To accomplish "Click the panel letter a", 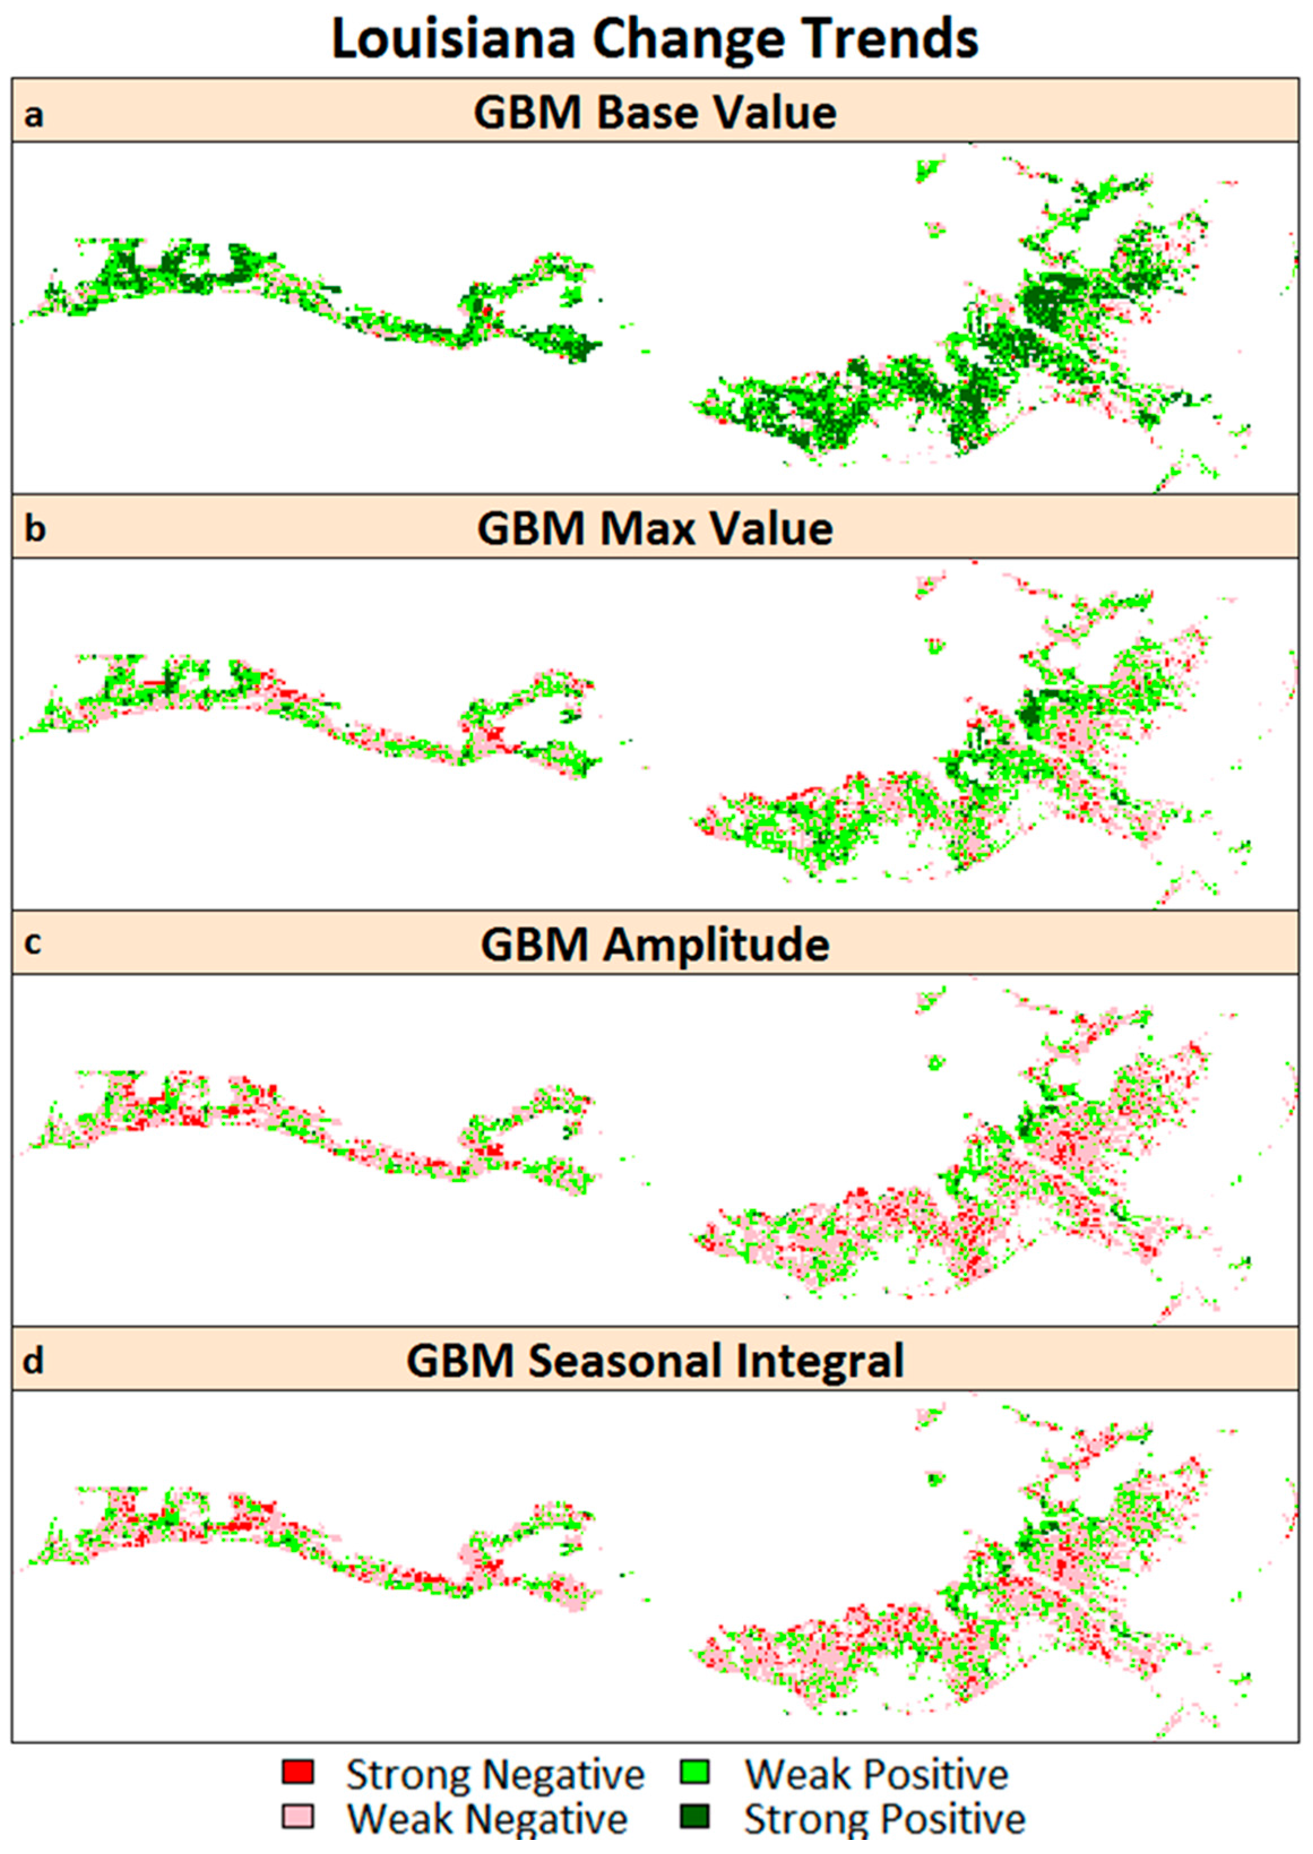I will (33, 115).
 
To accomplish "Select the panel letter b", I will (34, 529).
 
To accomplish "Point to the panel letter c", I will (32, 943).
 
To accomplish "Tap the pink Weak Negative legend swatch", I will (297, 1816).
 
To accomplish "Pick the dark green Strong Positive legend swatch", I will (694, 1816).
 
